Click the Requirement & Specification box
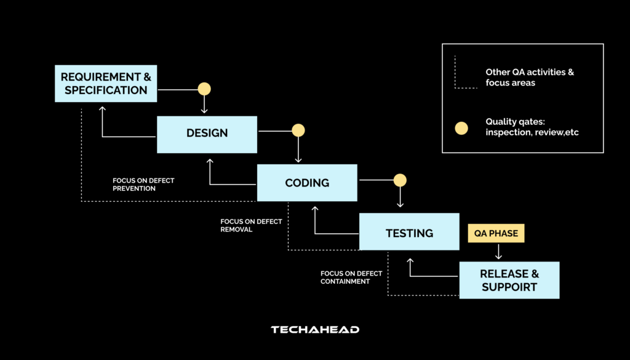(105, 83)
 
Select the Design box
(207, 134)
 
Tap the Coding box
(306, 183)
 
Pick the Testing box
(409, 233)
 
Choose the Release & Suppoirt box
(509, 281)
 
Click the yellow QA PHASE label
(496, 233)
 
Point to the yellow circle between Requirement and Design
(204, 89)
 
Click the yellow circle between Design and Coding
(298, 130)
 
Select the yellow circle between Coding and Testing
(400, 180)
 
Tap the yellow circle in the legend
(461, 128)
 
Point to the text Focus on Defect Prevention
(143, 185)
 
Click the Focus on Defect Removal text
(251, 225)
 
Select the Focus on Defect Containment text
(351, 278)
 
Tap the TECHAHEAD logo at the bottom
(315, 330)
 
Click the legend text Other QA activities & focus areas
(529, 77)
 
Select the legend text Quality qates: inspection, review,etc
(532, 127)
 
